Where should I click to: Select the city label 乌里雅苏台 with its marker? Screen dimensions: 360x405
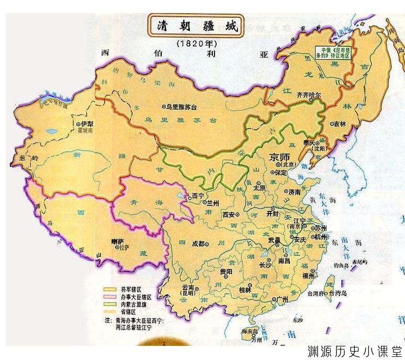tap(181, 106)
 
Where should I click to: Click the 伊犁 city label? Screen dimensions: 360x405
tap(84, 124)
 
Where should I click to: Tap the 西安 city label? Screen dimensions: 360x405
tap(230, 215)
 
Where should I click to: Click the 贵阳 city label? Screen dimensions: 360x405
tap(225, 272)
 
